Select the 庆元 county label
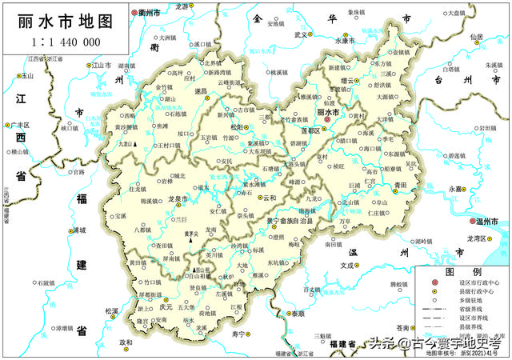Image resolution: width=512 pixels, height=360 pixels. (166, 307)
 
